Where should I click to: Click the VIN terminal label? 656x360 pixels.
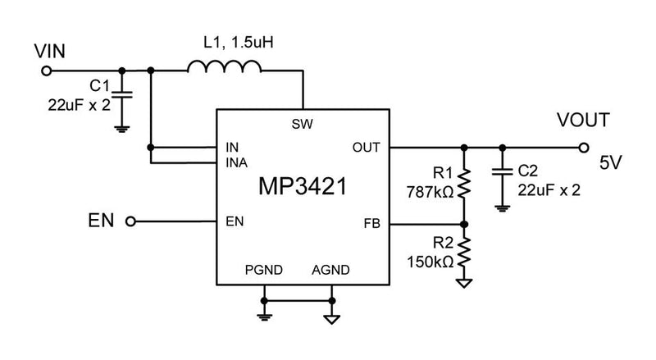coord(49,51)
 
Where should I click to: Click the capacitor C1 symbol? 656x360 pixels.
coord(122,95)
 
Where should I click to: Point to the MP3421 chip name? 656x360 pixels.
coord(301,186)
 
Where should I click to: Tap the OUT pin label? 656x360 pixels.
coord(366,148)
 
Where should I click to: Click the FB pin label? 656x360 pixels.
coord(371,223)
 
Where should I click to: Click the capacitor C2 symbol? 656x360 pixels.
coord(502,173)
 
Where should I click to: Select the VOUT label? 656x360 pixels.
coord(583,121)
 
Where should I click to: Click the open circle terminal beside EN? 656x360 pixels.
coord(130,221)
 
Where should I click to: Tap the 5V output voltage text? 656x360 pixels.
coord(610,163)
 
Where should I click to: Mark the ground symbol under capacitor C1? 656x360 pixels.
coord(122,127)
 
